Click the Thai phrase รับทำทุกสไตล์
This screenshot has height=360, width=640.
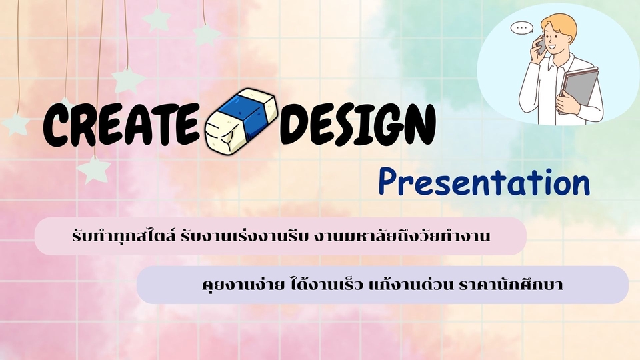click(x=124, y=236)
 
